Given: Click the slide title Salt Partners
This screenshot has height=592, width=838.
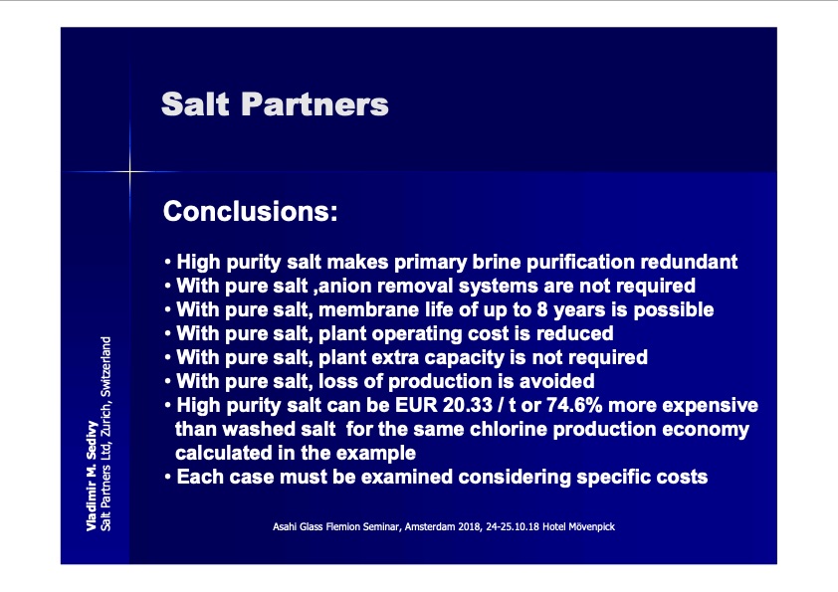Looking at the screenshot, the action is click(x=275, y=103).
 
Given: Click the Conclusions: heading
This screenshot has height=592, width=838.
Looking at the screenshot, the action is click(x=250, y=211).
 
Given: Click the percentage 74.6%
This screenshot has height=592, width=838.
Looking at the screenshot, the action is click(x=574, y=405).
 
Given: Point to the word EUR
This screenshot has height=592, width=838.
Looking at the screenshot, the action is click(x=416, y=405).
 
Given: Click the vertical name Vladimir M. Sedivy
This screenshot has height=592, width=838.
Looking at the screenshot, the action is click(x=92, y=476).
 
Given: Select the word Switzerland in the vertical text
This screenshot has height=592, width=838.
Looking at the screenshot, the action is click(x=105, y=366).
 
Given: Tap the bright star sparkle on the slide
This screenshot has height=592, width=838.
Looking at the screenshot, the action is click(x=129, y=171).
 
